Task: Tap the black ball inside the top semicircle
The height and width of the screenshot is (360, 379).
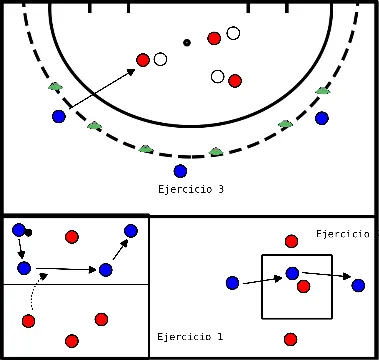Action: tap(186, 42)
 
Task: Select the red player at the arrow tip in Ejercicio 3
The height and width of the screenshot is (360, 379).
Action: tap(143, 62)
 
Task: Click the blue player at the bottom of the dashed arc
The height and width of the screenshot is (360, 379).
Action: tap(180, 171)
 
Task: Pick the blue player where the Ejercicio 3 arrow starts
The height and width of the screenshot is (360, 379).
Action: tap(58, 117)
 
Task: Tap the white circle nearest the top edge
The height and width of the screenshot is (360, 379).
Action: tap(233, 33)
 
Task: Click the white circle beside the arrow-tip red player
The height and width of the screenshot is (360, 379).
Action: tap(160, 59)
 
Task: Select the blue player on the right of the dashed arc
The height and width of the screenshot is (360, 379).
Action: tap(322, 118)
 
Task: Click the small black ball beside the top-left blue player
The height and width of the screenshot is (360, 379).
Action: tap(29, 233)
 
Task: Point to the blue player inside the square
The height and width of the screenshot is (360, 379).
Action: tap(291, 273)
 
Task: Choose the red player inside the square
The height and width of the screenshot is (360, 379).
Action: tap(303, 286)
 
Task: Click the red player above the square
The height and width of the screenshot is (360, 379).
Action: tap(291, 241)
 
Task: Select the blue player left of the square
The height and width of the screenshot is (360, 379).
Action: tap(232, 283)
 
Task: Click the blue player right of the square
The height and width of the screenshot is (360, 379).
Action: tap(358, 285)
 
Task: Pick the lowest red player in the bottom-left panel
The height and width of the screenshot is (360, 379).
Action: tap(70, 340)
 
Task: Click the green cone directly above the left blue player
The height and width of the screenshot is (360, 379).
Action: tap(56, 88)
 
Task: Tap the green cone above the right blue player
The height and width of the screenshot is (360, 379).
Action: tap(322, 91)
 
